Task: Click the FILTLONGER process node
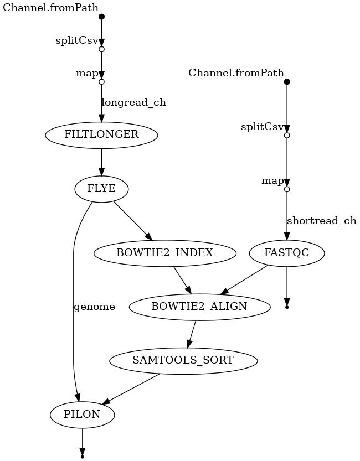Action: [x=101, y=134]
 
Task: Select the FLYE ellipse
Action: [x=101, y=189]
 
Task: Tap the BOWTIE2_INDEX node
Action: [x=164, y=253]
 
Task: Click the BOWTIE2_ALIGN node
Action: [x=199, y=307]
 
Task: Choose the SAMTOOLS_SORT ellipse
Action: [x=183, y=360]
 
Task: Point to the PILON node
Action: [x=82, y=414]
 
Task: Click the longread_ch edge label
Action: [x=133, y=102]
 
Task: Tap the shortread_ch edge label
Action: [x=321, y=221]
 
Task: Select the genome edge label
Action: [x=94, y=307]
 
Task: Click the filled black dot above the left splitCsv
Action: [x=101, y=17]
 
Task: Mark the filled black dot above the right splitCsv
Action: [x=286, y=82]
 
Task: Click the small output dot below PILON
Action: [x=82, y=457]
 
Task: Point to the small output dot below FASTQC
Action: [x=286, y=306]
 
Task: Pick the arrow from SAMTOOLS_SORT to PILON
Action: [x=131, y=389]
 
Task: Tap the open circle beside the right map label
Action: [x=286, y=189]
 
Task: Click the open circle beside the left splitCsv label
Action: [x=101, y=49]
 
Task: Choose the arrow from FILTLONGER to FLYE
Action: [x=101, y=163]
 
